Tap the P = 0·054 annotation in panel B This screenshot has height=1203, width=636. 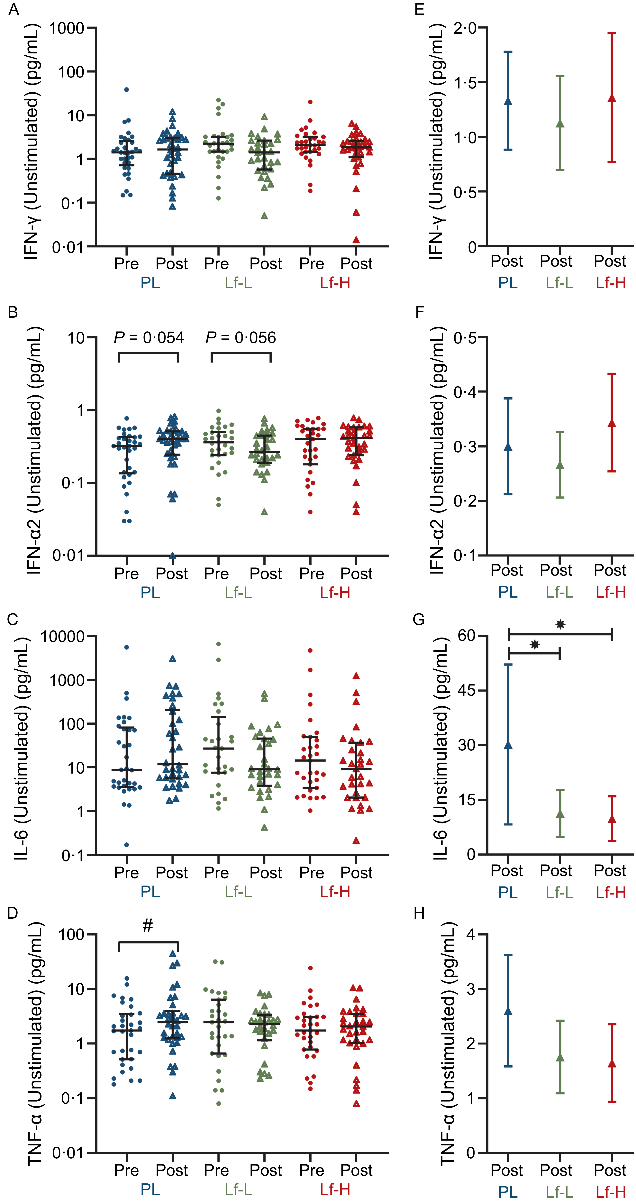point(149,338)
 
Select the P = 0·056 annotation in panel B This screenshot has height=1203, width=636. point(241,338)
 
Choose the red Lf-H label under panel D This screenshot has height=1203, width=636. point(335,1189)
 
